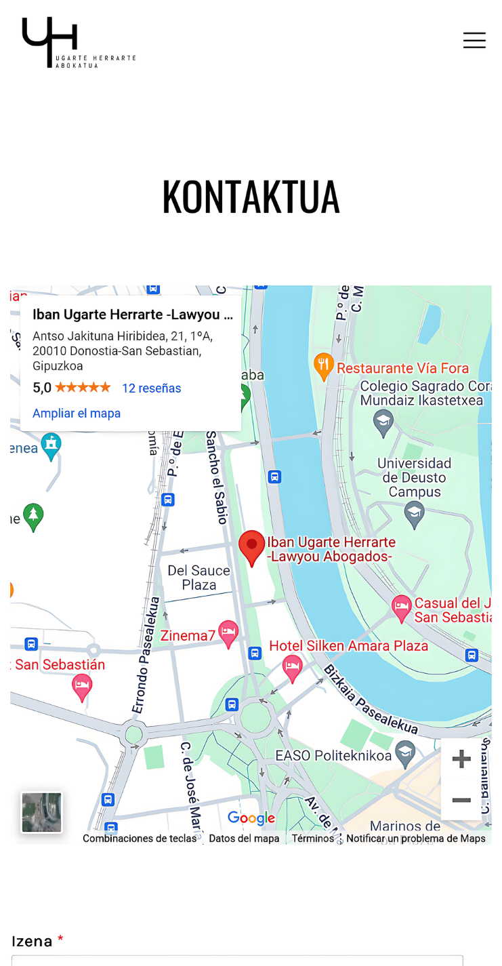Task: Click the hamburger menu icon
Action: [x=474, y=41]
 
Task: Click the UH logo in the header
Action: [x=78, y=42]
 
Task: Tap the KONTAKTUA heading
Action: [x=251, y=197]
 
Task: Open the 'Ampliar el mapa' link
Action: [x=77, y=414]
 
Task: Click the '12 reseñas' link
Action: [x=151, y=388]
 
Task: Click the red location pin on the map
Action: [x=252, y=547]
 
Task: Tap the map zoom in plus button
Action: [x=461, y=759]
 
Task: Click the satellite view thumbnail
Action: [x=42, y=812]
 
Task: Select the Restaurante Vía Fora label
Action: [x=402, y=368]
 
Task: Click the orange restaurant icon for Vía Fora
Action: [x=324, y=366]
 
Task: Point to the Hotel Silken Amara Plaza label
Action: [x=348, y=646]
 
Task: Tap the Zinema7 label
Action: [x=188, y=636]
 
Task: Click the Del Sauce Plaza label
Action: [x=198, y=578]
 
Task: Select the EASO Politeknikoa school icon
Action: [x=405, y=753]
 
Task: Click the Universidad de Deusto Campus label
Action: [x=414, y=477]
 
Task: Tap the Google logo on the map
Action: [x=251, y=818]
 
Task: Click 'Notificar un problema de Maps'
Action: [x=416, y=839]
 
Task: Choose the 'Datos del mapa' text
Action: [x=244, y=839]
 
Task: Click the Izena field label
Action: [x=32, y=941]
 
